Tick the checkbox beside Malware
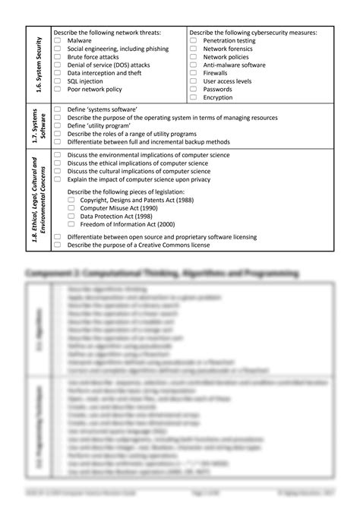pos(57,40)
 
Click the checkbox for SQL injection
pos(57,80)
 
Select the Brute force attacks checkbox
pos(57,56)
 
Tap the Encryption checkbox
pos(193,97)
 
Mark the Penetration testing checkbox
pos(193,40)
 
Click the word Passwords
pos(218,89)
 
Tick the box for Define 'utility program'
pos(57,126)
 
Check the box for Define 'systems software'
pos(57,110)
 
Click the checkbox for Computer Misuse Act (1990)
pos(71,207)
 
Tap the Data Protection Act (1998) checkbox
pos(71,216)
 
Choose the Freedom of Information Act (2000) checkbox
pos(71,224)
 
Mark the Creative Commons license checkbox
pos(57,245)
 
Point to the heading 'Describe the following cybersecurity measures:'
pos(253,33)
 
